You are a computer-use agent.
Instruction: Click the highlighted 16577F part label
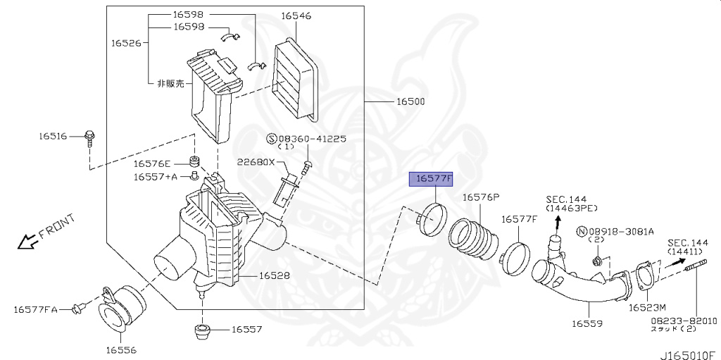click(433, 179)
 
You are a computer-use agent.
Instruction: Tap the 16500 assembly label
click(410, 102)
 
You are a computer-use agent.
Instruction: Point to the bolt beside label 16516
click(89, 137)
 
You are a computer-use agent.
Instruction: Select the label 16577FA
click(39, 309)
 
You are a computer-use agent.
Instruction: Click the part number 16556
click(121, 349)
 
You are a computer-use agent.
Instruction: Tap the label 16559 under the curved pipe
click(587, 323)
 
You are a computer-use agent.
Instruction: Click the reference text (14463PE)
click(572, 209)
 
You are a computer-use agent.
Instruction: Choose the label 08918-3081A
click(621, 231)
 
